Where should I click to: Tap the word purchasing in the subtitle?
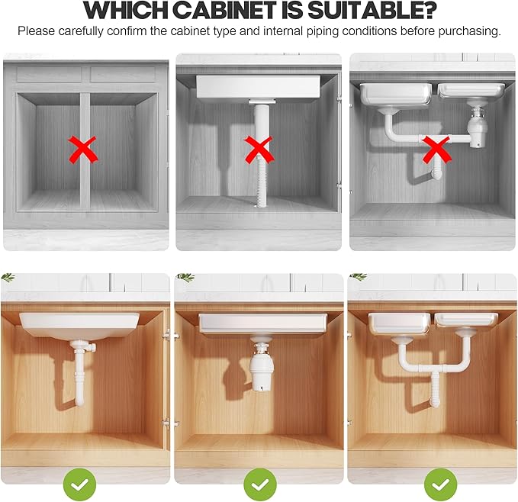click(x=470, y=31)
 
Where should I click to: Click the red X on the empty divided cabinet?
click(x=83, y=149)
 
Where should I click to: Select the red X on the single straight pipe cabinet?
click(x=258, y=149)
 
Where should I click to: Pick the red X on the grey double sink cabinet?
click(x=435, y=149)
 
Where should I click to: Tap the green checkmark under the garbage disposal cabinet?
click(x=259, y=484)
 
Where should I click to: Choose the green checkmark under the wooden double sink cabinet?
click(x=440, y=484)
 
